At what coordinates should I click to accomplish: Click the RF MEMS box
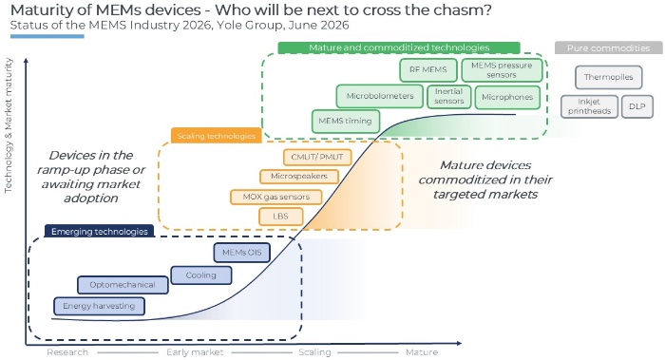[x=428, y=70]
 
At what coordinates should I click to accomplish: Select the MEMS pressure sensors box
[x=502, y=70]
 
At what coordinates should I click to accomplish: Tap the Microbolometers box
[x=380, y=96]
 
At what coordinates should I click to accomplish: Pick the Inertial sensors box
[x=449, y=96]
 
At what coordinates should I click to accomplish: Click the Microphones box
[x=507, y=97]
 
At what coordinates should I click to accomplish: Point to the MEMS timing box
[x=345, y=122]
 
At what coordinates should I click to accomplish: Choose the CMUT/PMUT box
[x=317, y=157]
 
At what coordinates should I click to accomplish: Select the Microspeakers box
[x=299, y=176]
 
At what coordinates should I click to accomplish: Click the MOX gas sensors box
[x=276, y=197]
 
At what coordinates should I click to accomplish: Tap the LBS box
[x=281, y=217]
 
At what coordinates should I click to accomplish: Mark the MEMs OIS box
[x=241, y=253]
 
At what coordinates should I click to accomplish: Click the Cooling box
[x=201, y=275]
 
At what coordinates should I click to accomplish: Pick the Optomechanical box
[x=123, y=285]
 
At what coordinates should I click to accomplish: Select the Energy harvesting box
[x=99, y=306]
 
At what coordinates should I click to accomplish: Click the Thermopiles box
[x=609, y=77]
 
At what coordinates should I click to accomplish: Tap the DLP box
[x=637, y=106]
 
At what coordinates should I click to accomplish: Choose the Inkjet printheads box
[x=590, y=106]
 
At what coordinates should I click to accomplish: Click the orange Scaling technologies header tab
[x=217, y=136]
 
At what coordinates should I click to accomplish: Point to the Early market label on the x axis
[x=195, y=352]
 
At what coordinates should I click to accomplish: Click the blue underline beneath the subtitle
[x=47, y=36]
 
